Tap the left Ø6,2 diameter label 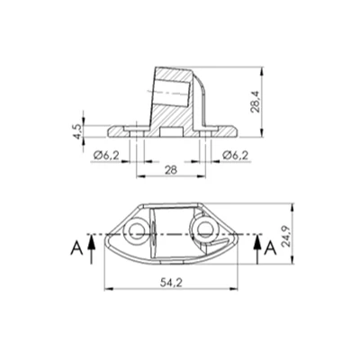click(x=108, y=155)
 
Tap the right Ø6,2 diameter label click(x=234, y=155)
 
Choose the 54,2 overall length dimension click(x=170, y=283)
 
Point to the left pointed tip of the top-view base click(x=107, y=237)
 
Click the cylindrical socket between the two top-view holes click(x=171, y=232)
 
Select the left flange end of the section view click(x=112, y=131)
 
